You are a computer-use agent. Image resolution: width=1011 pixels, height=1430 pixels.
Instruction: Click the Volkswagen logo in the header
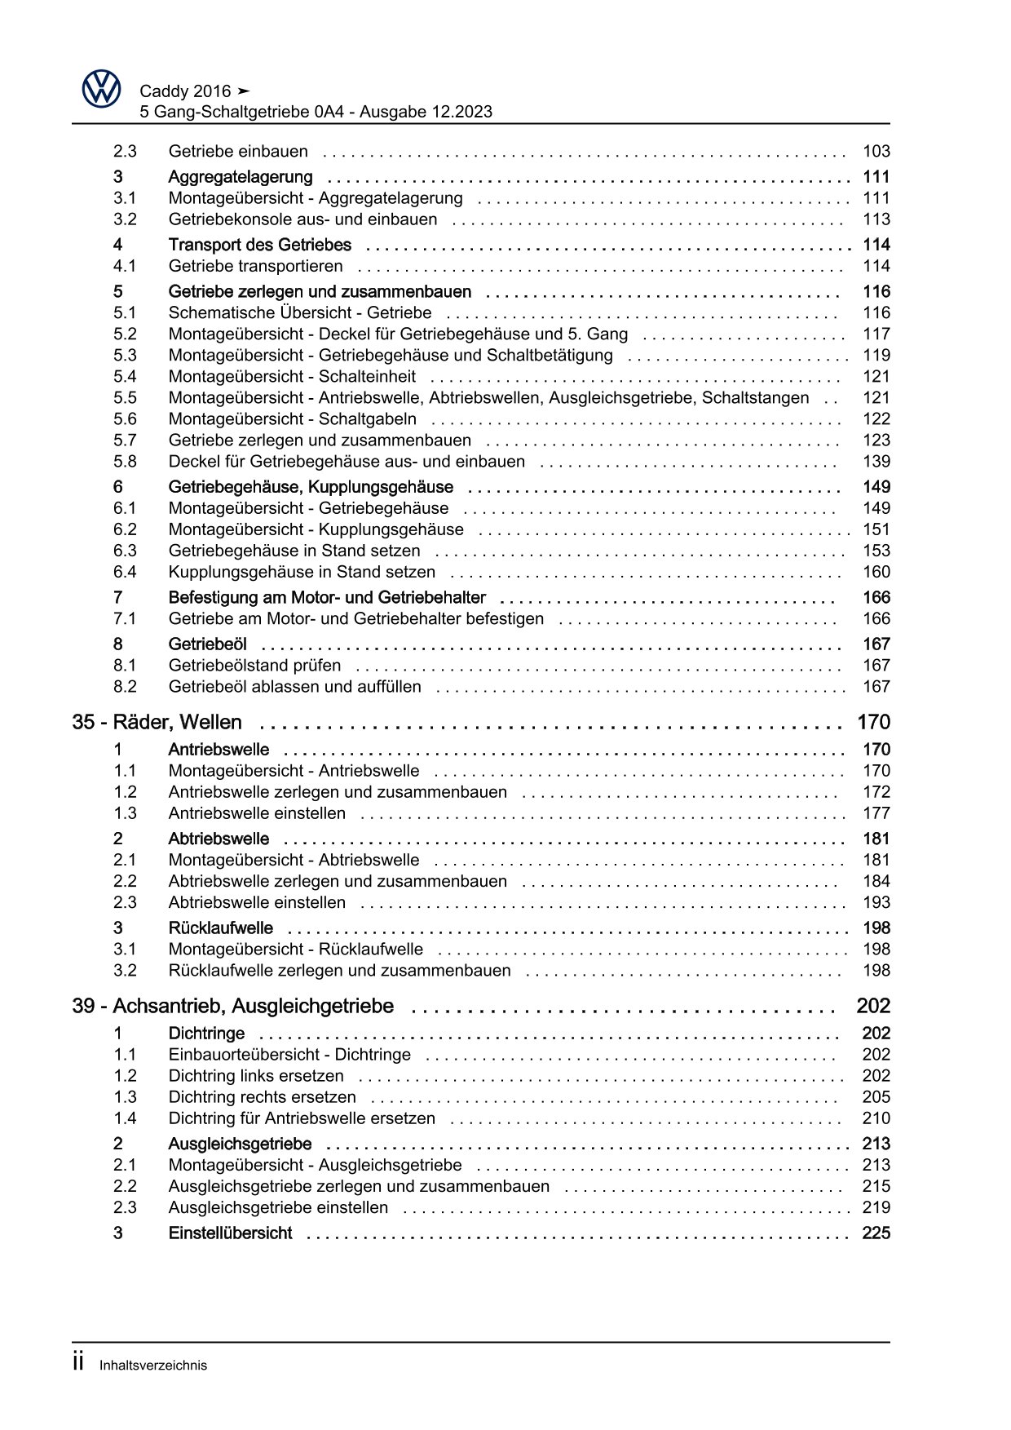tap(102, 87)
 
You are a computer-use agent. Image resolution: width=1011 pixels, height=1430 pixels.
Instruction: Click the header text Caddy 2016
tap(186, 91)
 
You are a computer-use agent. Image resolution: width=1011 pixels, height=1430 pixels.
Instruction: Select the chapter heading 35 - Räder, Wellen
tap(157, 722)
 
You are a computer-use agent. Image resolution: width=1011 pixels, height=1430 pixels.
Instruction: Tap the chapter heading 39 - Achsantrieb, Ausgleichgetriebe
tap(233, 1006)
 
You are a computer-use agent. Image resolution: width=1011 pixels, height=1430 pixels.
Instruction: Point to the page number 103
tap(876, 151)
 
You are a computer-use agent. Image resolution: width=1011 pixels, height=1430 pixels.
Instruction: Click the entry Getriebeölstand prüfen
tap(254, 665)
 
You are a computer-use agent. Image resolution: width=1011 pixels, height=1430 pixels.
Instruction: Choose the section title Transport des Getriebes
tap(259, 245)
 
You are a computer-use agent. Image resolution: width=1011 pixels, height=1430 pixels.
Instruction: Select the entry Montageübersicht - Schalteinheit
tap(292, 376)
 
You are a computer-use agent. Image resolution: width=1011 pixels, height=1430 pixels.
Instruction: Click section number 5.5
tap(125, 397)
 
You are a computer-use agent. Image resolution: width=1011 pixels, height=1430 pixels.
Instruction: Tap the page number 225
tap(876, 1233)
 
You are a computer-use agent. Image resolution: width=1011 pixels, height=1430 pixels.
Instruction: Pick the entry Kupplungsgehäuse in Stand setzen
tap(302, 572)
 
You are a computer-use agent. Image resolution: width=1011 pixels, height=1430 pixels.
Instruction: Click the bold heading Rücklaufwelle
tap(220, 928)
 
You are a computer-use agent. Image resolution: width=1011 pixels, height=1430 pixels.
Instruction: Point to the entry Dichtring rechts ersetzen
tap(262, 1097)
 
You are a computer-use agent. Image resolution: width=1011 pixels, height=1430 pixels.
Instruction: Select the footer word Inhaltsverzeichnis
tap(153, 1366)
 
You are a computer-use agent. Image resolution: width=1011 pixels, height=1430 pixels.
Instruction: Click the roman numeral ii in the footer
tap(79, 1362)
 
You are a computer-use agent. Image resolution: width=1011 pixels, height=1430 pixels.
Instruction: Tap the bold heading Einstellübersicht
tap(230, 1233)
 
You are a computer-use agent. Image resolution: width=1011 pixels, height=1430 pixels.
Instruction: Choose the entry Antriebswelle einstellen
tap(257, 813)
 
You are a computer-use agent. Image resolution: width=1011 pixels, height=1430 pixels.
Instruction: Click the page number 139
tap(876, 461)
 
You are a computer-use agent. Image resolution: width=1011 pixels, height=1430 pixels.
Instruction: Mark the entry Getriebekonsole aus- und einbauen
tap(302, 219)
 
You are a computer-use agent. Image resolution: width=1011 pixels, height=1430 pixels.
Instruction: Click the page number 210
tap(876, 1118)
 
